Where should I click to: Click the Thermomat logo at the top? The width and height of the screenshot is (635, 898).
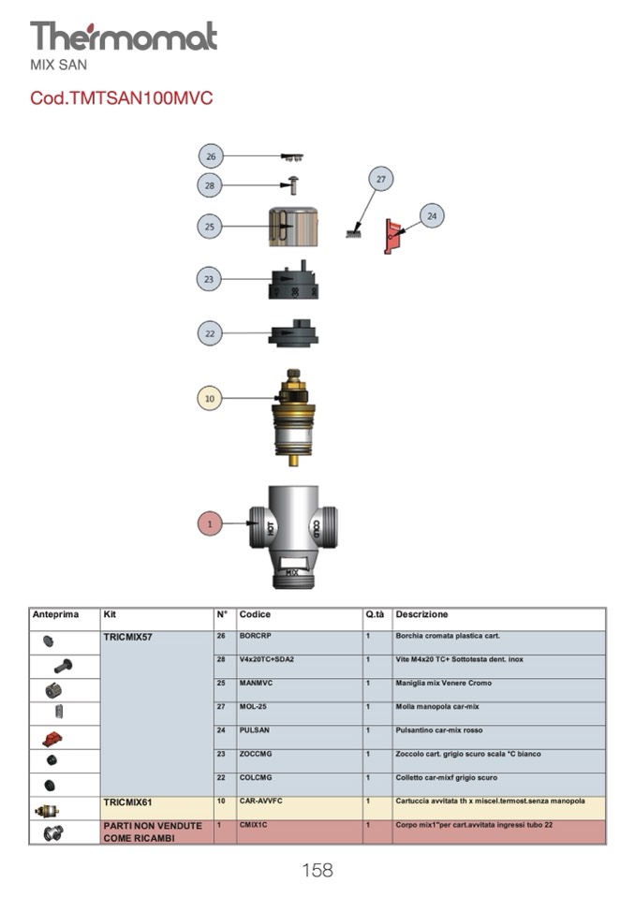pyautogui.click(x=123, y=37)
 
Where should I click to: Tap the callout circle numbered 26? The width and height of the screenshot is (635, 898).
pyautogui.click(x=210, y=156)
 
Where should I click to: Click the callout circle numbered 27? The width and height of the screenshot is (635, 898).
pyautogui.click(x=380, y=179)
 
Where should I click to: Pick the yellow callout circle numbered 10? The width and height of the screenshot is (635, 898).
pyautogui.click(x=210, y=398)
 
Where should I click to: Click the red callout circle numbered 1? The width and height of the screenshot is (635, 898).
pyautogui.click(x=210, y=524)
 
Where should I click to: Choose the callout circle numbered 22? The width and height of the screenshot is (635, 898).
pyautogui.click(x=210, y=332)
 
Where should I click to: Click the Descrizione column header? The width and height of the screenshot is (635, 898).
pyautogui.click(x=421, y=615)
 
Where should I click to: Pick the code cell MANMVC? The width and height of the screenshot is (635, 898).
pyautogui.click(x=256, y=683)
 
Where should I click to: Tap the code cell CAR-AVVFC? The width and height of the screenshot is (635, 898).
pyautogui.click(x=261, y=802)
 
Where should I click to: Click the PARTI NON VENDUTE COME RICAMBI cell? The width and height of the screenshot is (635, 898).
pyautogui.click(x=153, y=832)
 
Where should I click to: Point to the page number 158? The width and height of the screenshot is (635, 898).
pyautogui.click(x=317, y=871)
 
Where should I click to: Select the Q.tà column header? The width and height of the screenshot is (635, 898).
pyautogui.click(x=375, y=615)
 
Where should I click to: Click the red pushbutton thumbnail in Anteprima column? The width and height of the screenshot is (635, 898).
pyautogui.click(x=53, y=739)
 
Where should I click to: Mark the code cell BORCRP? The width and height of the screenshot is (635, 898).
pyautogui.click(x=255, y=636)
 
